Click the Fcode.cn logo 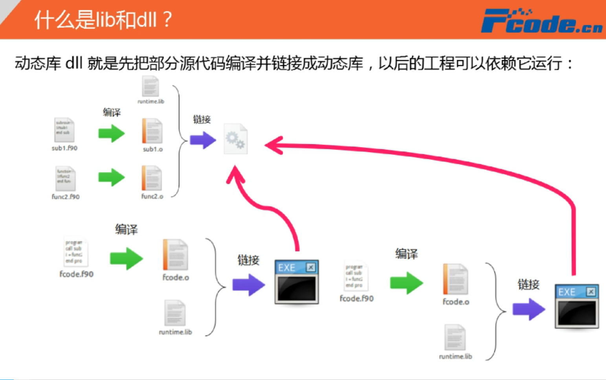pos(541,22)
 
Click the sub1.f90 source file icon pos(64,130)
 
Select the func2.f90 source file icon pos(65,178)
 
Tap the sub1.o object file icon pos(152,131)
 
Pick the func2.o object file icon pos(152,178)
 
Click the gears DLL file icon pos(235,139)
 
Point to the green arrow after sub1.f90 pos(112,134)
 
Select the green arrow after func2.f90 pos(112,177)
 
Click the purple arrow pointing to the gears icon pos(203,140)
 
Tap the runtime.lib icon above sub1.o pos(151,86)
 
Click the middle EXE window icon pos(296,282)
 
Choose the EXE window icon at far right pos(577,306)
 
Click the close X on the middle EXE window pos(310,268)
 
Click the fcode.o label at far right pos(456,302)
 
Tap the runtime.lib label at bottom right pos(455,356)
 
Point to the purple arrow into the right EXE pos(529,309)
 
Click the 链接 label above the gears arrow pos(202,119)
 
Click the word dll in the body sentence pos(74,63)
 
